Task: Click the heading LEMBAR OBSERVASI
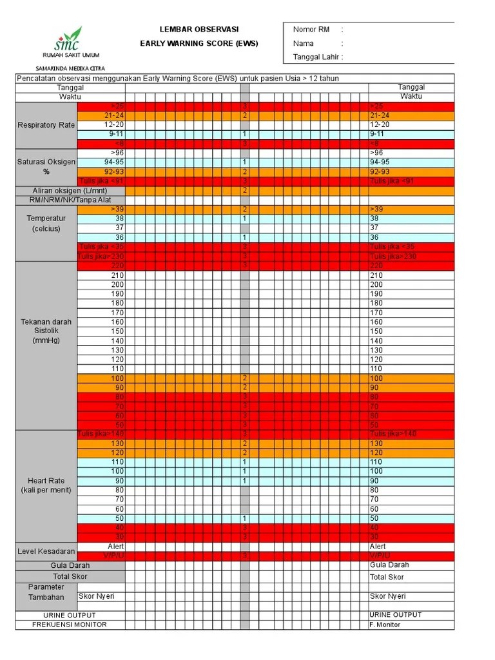pos(199,30)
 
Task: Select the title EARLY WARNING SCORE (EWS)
pos(199,43)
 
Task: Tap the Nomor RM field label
pos(311,30)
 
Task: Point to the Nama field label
pos(304,43)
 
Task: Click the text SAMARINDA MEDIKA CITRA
pos(70,68)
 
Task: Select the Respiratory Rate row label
pos(46,125)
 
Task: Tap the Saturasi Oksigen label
pos(46,166)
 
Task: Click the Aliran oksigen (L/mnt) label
pos(70,191)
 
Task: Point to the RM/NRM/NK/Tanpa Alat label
pos(70,200)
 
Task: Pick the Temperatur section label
pos(46,223)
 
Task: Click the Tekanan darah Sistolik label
pos(46,331)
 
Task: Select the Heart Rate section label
pos(46,485)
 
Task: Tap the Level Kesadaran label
pos(46,552)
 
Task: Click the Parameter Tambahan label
pos(46,592)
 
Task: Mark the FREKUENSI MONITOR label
pos(70,625)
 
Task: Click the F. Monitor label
pos(385,625)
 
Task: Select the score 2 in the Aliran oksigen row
pos(245,191)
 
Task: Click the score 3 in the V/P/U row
pos(245,556)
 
